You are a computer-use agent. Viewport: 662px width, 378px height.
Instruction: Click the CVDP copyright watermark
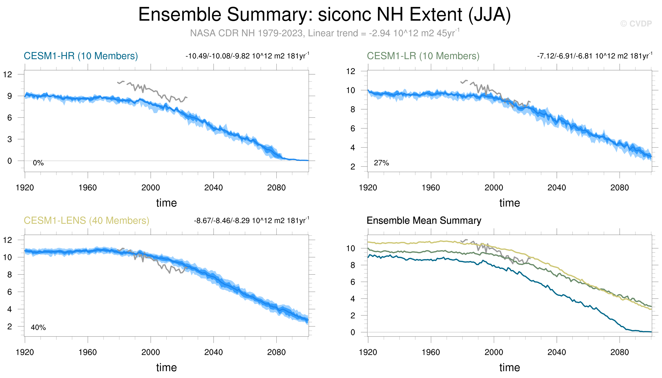pos(636,24)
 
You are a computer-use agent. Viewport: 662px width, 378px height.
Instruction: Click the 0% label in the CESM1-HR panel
pos(38,163)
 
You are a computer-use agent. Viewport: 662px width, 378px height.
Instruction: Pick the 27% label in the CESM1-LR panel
pos(381,163)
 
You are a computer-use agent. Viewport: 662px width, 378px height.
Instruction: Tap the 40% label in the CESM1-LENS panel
pos(38,328)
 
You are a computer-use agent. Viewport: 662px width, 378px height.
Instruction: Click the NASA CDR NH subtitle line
pos(325,33)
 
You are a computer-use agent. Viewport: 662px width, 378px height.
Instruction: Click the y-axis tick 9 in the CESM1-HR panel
pos(10,96)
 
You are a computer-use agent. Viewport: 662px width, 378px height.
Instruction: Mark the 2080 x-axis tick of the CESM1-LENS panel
pos(276,352)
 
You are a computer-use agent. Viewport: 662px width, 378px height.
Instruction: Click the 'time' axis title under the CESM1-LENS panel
pos(166,368)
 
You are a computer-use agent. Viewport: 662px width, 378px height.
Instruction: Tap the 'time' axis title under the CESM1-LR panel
pos(509,203)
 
